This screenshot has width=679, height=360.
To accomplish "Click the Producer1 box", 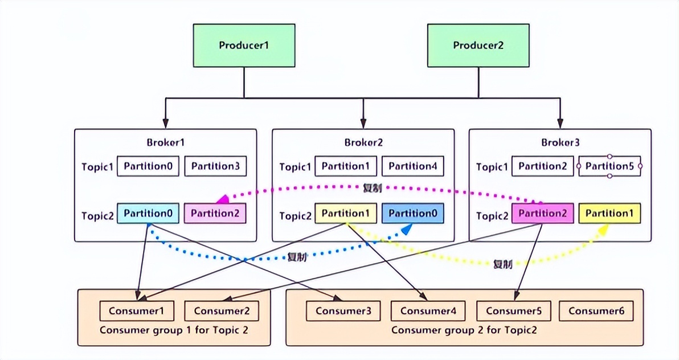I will (244, 46).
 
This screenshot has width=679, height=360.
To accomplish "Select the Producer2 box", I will (478, 46).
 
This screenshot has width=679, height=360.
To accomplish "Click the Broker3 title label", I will (559, 142).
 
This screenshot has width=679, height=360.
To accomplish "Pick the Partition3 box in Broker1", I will (215, 166).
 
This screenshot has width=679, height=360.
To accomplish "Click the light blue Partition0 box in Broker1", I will (148, 213).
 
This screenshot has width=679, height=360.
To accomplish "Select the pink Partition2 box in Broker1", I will (215, 214).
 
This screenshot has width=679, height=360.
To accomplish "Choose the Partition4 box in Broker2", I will (412, 166).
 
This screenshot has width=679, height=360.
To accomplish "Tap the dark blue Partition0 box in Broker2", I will (412, 214).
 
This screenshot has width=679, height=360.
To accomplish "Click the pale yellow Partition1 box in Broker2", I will (346, 214).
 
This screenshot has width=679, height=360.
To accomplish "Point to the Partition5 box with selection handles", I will (610, 166).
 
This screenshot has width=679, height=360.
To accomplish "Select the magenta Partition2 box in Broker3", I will (543, 214).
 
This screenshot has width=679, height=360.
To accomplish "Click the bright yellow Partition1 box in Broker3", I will (610, 214).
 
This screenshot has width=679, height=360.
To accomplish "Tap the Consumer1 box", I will (137, 311).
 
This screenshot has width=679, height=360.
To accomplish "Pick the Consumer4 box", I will (428, 311).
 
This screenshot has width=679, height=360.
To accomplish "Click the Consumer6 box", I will (596, 311).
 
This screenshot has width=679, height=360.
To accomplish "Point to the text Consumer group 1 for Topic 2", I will (174, 330).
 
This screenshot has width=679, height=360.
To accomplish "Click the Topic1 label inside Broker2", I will (295, 167).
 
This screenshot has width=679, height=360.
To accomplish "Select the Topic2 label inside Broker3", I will (492, 216).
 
